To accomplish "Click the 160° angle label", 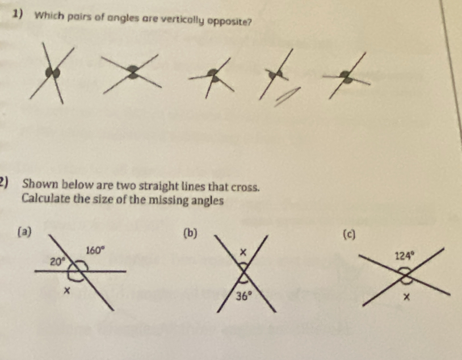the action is click(x=95, y=250).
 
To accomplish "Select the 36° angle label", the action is click(x=244, y=295).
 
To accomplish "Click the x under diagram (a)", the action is click(x=68, y=291).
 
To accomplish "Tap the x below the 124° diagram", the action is click(x=406, y=298).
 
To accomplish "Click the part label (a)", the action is click(x=24, y=232).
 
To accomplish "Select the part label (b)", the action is click(x=190, y=233).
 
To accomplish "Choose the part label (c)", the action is click(x=350, y=235).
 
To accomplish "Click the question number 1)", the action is click(x=19, y=14).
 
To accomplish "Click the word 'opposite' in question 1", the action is click(x=230, y=22).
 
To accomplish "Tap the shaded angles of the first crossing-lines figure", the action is click(x=53, y=73).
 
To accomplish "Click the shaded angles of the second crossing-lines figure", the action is click(x=133, y=72).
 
